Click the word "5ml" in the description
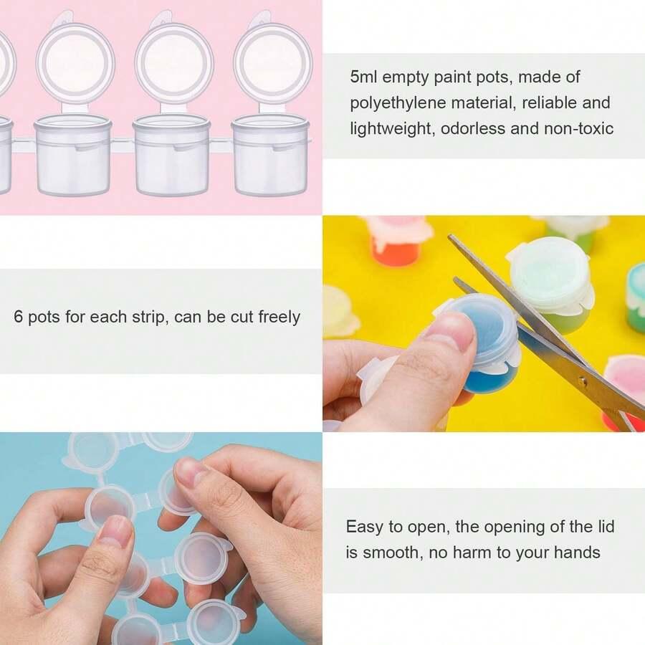coord(363,77)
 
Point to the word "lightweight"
coord(392,129)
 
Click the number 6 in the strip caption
coord(18,317)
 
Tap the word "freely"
coord(279,317)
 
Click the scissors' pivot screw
coord(582,381)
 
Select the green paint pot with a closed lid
coord(551,284)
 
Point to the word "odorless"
coord(473,128)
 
